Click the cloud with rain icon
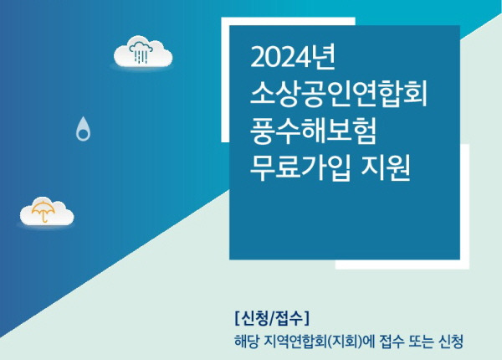click(142, 52)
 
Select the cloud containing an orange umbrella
click(46, 211)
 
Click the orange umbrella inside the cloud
click(40, 211)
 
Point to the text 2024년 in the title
click(293, 58)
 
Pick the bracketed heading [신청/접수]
click(273, 318)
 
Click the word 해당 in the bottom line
click(248, 342)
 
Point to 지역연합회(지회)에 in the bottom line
click(321, 342)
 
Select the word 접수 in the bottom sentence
click(395, 342)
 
